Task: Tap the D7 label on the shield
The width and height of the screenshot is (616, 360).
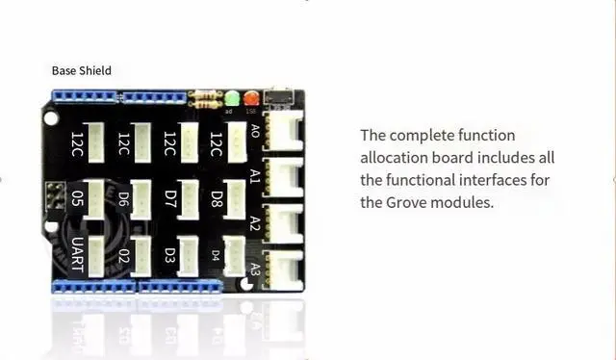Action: [x=169, y=198]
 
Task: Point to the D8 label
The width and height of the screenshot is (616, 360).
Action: [x=217, y=198]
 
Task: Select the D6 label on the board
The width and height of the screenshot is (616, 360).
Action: [x=123, y=198]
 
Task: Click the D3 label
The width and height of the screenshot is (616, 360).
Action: [x=169, y=255]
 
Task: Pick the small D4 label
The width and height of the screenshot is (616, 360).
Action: [x=216, y=255]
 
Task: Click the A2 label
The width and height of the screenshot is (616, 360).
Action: [x=255, y=222]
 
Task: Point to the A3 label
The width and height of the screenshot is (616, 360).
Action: [x=255, y=268]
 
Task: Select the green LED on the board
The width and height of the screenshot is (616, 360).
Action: [x=232, y=98]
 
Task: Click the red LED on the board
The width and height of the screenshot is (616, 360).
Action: [x=251, y=98]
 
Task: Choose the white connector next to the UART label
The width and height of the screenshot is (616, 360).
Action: [x=95, y=256]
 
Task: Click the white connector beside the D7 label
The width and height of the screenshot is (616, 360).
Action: [x=188, y=198]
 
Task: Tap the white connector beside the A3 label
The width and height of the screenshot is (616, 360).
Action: [x=284, y=269]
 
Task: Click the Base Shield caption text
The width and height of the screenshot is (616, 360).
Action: [x=82, y=70]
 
